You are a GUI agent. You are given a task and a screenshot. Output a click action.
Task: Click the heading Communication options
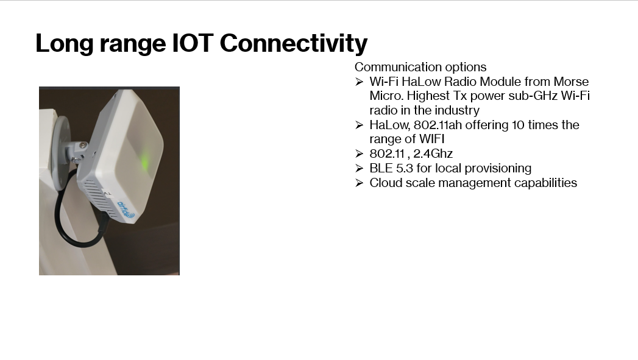pos(420,67)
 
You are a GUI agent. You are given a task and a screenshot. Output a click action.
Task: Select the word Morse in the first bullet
pos(571,82)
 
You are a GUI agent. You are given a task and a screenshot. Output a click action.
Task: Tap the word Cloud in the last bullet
pos(385,183)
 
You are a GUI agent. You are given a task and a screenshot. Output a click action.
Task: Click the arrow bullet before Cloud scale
pos(359,183)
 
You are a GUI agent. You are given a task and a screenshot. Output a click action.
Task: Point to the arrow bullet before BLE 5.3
pos(359,168)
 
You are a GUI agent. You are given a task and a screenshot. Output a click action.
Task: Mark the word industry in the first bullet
pos(457,110)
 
